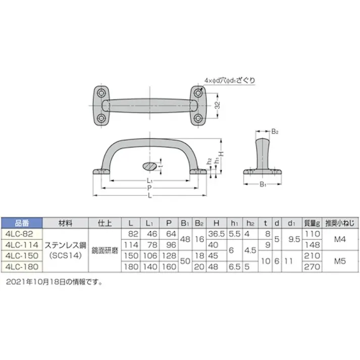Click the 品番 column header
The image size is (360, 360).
pyautogui.click(x=22, y=223)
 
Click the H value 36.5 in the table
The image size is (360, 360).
pyautogui.click(x=216, y=233)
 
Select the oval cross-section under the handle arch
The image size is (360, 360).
pyautogui.click(x=150, y=165)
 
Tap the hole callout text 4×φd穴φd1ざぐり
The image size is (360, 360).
pyautogui.click(x=230, y=80)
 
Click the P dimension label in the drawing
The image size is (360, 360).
pyautogui.click(x=149, y=187)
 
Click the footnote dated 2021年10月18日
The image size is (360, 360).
pyautogui.click(x=55, y=282)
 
